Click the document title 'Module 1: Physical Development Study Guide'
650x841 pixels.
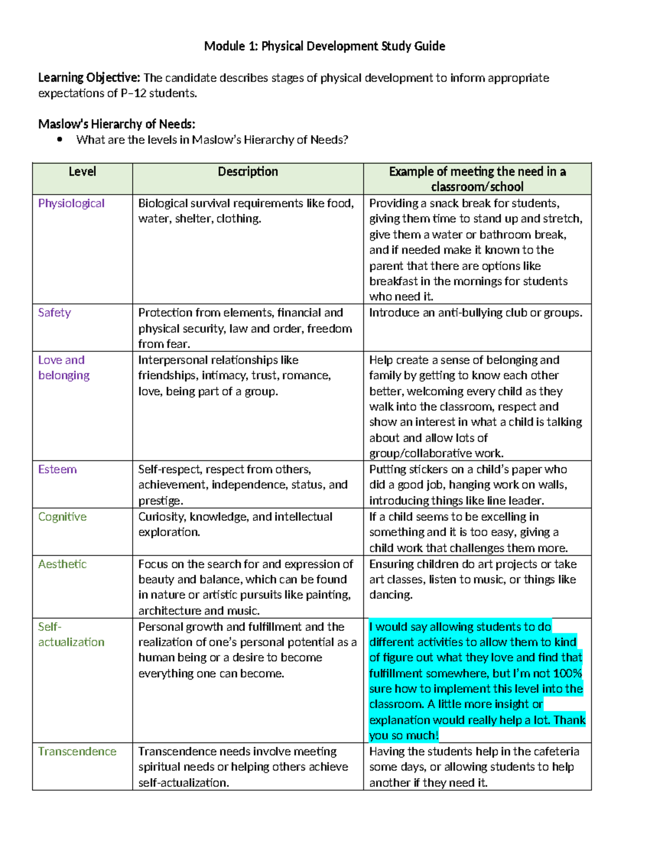point(324,46)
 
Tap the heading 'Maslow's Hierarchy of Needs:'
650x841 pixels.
point(116,124)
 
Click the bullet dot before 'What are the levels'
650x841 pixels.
point(60,140)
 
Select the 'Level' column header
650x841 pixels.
point(82,172)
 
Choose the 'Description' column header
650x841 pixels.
point(248,172)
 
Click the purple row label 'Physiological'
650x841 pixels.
point(71,204)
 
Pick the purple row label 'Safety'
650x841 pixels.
point(54,312)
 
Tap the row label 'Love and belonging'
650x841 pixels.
point(63,368)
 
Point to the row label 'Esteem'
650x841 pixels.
point(57,470)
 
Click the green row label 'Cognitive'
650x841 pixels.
point(62,517)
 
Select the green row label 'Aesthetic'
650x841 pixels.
point(62,564)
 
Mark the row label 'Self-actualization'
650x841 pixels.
point(71,635)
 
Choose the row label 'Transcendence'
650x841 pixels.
point(77,752)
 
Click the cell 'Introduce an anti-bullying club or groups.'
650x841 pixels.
point(476,312)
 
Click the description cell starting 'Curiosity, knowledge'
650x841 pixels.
point(235,524)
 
